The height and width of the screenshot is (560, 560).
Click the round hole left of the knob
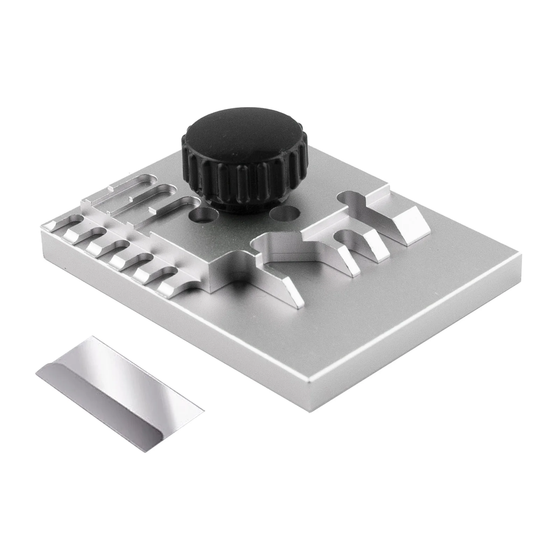(x=203, y=215)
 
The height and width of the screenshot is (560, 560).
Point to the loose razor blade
(x=119, y=378)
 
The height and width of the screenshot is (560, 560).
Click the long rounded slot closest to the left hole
(x=171, y=206)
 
